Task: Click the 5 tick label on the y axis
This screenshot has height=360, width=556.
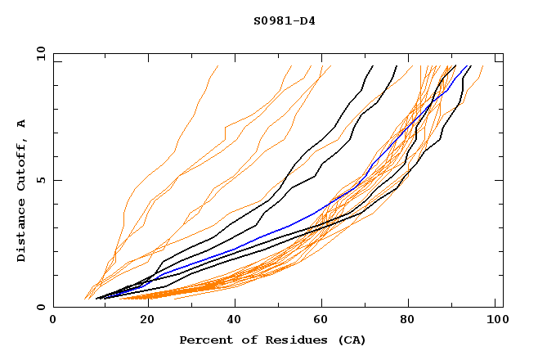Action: click(41, 180)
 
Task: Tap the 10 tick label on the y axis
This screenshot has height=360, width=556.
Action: click(38, 53)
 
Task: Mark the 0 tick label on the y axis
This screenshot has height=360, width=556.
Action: click(41, 308)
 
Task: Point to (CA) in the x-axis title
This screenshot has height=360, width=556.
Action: click(352, 340)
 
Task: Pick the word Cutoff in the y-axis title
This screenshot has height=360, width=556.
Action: click(22, 164)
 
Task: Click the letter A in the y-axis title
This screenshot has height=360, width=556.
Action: click(22, 124)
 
